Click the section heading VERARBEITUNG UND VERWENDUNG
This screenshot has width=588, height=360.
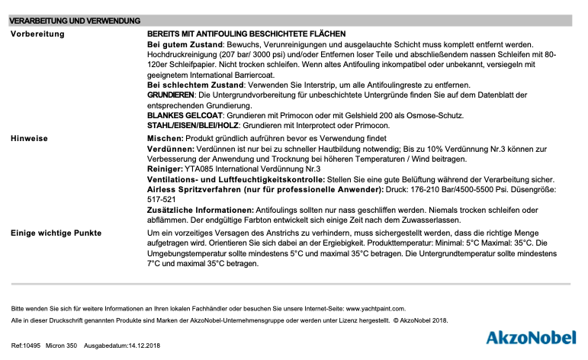[x=74, y=21]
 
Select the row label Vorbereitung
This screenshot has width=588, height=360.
[x=37, y=34]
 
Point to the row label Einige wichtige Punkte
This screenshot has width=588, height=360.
[x=56, y=231]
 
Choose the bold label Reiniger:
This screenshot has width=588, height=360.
[x=165, y=169]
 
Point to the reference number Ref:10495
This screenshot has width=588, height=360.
[x=26, y=346]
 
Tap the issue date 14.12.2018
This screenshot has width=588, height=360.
[x=143, y=346]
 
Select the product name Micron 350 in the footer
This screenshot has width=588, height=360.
[x=62, y=346]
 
